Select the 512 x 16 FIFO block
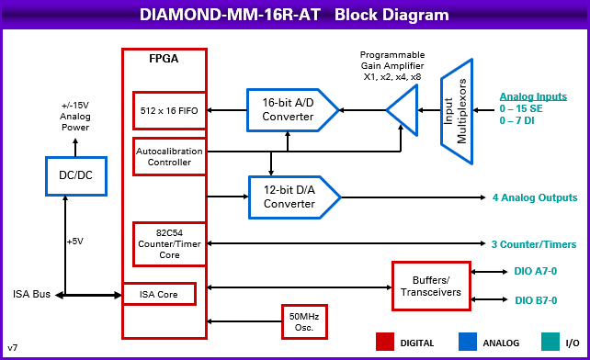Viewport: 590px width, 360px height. coord(170,109)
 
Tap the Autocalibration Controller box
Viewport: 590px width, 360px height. coord(169,156)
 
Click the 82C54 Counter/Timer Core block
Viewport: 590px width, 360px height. coord(169,242)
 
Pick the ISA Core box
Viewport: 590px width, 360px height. coord(160,294)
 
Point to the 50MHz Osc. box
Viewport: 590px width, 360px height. coord(303,321)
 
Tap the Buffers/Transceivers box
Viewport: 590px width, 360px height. coord(431,286)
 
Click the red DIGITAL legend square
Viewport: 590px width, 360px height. coord(385,342)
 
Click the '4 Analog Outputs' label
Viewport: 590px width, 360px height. coord(535,197)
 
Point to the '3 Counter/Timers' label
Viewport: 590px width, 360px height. coord(533,243)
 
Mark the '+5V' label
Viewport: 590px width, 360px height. coord(76,242)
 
